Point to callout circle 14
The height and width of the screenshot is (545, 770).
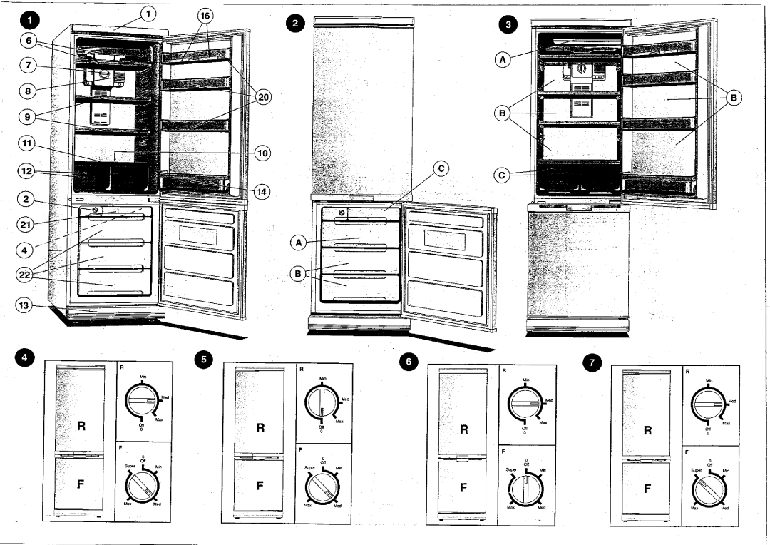point(262,191)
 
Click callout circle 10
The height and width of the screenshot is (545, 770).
point(262,152)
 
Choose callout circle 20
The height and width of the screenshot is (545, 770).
point(262,98)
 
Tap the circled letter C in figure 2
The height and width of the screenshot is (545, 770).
point(441,168)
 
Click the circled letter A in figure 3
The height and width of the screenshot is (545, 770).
point(502,61)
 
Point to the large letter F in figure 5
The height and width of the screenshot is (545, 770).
point(260,485)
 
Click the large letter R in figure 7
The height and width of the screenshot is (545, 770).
point(647,430)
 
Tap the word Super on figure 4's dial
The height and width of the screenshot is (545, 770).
point(130,465)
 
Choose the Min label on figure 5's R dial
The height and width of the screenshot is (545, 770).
point(323,377)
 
